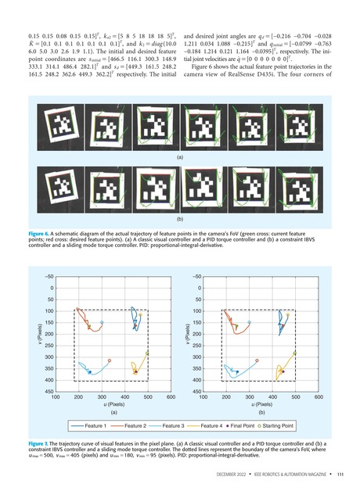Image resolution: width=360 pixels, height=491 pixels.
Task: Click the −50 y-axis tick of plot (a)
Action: tap(49, 276)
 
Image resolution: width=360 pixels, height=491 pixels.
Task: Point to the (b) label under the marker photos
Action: tap(180, 220)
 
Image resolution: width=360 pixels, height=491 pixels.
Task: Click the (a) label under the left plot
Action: tap(113, 413)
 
